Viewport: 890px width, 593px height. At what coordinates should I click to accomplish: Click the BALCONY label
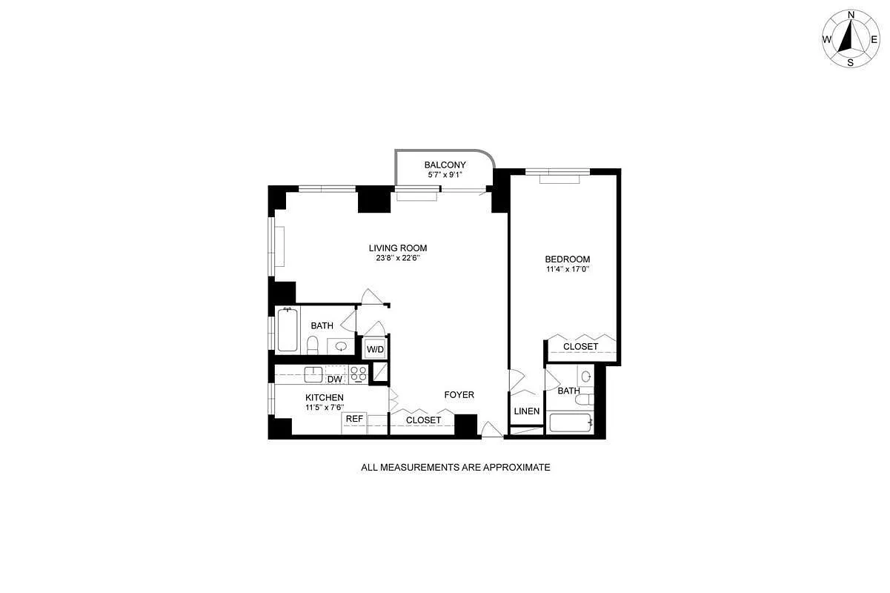click(x=445, y=165)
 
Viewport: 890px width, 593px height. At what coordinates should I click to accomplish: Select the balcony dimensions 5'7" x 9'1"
click(x=445, y=175)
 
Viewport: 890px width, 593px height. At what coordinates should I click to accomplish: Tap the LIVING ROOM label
click(x=398, y=248)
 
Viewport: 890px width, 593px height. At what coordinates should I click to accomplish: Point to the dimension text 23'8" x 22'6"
click(x=398, y=259)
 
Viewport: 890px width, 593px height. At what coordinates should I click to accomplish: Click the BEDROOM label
click(x=567, y=259)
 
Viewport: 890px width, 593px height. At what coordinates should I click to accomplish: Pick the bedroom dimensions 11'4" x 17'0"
click(x=567, y=269)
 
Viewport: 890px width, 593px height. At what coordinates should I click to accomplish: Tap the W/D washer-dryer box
click(x=375, y=349)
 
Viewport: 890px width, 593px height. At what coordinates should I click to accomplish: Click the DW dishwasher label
click(x=335, y=380)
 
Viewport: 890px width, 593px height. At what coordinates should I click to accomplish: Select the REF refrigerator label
click(x=354, y=420)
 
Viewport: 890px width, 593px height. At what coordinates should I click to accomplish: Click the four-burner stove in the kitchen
click(x=359, y=374)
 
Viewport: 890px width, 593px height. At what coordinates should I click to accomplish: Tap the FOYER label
click(x=459, y=395)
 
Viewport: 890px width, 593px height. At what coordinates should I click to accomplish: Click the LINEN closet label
click(x=526, y=411)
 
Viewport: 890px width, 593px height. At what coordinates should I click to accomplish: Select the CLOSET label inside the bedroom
click(x=580, y=347)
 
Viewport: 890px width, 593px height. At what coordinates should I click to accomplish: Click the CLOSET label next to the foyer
click(x=423, y=420)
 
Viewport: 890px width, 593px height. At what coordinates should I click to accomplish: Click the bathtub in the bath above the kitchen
click(x=288, y=331)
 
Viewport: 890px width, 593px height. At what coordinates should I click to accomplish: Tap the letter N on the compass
click(x=851, y=15)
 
